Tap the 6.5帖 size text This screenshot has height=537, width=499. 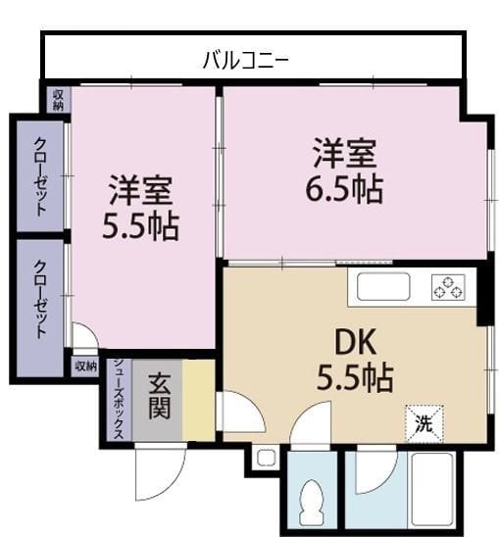[x=345, y=187]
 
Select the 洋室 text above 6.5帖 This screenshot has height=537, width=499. [x=345, y=154]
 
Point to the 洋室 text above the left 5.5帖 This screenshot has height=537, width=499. [x=140, y=187]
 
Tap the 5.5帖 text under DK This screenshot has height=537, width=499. [x=356, y=375]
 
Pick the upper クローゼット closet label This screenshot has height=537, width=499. [x=40, y=175]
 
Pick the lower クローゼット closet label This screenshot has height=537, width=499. [x=40, y=299]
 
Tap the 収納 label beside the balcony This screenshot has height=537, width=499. [x=58, y=99]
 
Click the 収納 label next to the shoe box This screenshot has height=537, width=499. [x=85, y=366]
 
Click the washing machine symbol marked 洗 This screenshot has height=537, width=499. [x=424, y=424]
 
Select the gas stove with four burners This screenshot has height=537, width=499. [x=448, y=287]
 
